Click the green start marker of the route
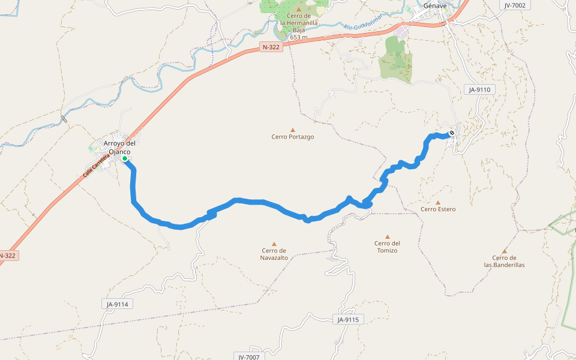click(x=125, y=159)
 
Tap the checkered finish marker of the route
click(x=452, y=133)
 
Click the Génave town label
click(x=436, y=5)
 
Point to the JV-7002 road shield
click(x=515, y=5)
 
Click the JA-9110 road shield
click(x=480, y=89)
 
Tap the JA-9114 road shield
click(x=118, y=304)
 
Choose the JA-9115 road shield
click(x=347, y=320)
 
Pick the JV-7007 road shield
click(x=248, y=356)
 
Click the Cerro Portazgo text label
click(x=293, y=137)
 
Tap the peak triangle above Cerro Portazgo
click(x=293, y=130)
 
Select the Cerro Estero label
click(x=438, y=209)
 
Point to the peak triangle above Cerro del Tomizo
click(x=388, y=236)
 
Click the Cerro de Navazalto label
click(x=274, y=254)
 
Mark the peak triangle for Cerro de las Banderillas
click(x=505, y=251)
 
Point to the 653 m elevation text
click(x=298, y=37)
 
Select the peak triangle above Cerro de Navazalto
click(x=274, y=244)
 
